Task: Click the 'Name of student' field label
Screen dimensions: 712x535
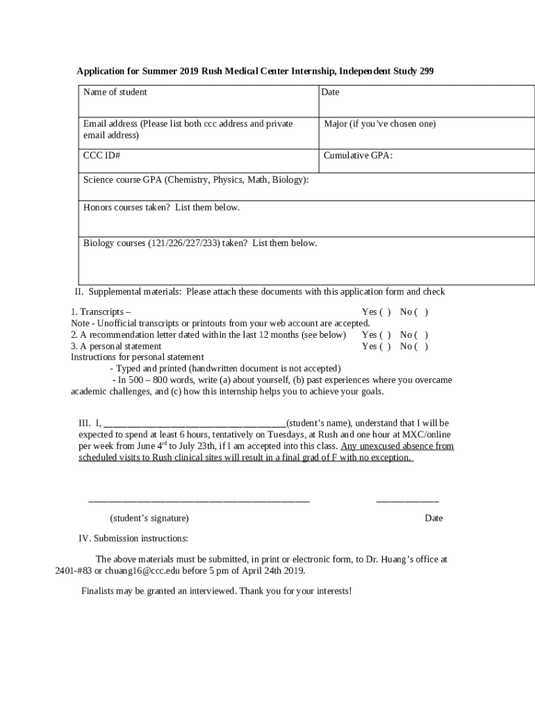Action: pyautogui.click(x=115, y=92)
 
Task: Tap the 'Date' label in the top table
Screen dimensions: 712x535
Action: pyautogui.click(x=330, y=92)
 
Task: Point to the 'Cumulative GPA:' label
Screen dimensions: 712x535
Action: pyautogui.click(x=358, y=156)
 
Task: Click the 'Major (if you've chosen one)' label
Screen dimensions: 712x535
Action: pyautogui.click(x=380, y=124)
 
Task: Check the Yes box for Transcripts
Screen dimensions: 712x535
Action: pyautogui.click(x=385, y=313)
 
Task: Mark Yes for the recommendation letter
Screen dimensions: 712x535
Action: pyautogui.click(x=385, y=335)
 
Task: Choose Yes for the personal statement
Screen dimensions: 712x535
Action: pyautogui.click(x=385, y=346)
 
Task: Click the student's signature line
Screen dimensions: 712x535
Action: pyautogui.click(x=199, y=499)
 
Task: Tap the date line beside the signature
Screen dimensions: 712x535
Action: pyautogui.click(x=407, y=499)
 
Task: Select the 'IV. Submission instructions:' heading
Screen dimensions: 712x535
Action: pyautogui.click(x=133, y=539)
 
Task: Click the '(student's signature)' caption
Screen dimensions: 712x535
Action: pyautogui.click(x=149, y=519)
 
